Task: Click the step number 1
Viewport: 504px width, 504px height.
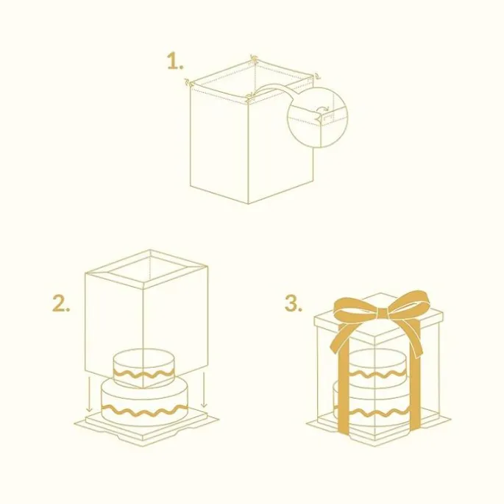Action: [175, 62]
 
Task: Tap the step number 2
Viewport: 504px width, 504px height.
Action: [61, 303]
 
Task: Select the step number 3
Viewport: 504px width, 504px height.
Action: [293, 303]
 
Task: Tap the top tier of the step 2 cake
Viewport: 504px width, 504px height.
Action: [143, 367]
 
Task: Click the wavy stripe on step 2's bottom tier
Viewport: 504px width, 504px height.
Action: [145, 409]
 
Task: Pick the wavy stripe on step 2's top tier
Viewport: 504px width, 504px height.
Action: [143, 375]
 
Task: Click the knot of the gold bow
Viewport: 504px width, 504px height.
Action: [382, 313]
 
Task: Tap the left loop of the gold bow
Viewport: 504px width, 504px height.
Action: [355, 308]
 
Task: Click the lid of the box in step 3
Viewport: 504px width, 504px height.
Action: [378, 316]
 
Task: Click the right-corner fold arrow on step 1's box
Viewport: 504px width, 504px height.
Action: [317, 77]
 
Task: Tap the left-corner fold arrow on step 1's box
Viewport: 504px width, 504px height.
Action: [187, 82]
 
